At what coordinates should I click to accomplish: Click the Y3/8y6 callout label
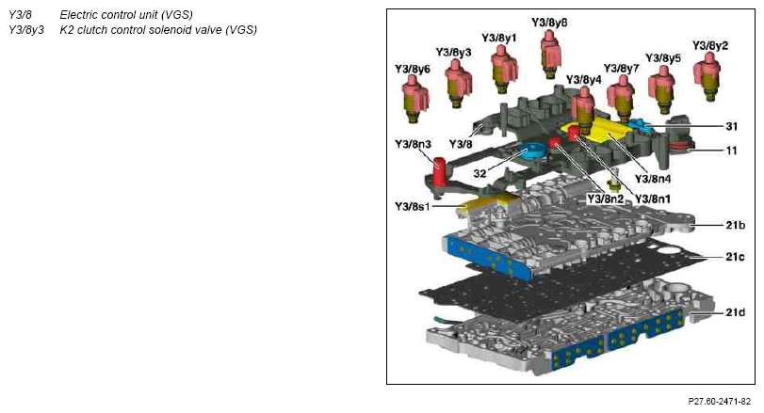(413, 69)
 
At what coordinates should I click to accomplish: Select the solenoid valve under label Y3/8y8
(551, 53)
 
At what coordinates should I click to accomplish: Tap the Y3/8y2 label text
(710, 46)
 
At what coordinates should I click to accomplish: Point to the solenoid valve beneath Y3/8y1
(503, 68)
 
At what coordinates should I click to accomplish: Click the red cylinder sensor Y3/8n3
(440, 172)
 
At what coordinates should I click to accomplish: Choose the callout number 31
(731, 126)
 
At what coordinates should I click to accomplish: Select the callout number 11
(731, 151)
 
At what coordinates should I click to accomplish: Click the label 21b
(735, 225)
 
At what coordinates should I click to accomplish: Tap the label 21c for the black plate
(735, 257)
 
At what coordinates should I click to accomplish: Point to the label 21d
(735, 312)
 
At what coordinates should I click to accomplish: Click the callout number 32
(480, 173)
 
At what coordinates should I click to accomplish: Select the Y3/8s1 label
(413, 207)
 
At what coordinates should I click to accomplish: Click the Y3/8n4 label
(653, 179)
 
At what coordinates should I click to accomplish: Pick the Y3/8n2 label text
(605, 199)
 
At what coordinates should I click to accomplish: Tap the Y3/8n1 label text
(653, 199)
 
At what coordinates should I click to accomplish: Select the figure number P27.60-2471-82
(719, 402)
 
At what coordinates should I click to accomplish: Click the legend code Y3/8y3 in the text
(26, 30)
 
